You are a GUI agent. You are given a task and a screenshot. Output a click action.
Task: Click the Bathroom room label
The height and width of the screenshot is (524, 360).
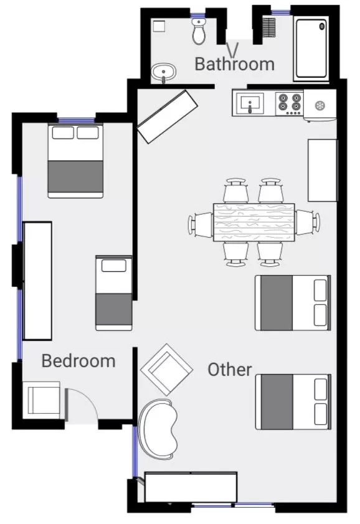click(x=234, y=63)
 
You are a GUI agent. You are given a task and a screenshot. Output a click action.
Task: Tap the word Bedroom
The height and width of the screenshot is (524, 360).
click(x=78, y=360)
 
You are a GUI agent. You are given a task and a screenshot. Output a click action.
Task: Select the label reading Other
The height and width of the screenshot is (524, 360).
click(x=230, y=369)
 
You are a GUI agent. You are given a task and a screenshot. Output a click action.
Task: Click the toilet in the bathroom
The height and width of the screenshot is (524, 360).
click(x=199, y=31)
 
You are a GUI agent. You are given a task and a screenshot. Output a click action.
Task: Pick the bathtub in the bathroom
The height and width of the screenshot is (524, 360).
click(x=311, y=49)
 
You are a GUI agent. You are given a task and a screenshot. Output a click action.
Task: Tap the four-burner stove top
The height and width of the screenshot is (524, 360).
click(x=290, y=104)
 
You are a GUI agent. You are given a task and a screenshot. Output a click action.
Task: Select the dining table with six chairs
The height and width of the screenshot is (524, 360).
click(x=254, y=222)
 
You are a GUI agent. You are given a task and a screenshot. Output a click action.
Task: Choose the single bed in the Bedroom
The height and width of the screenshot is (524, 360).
click(x=113, y=292)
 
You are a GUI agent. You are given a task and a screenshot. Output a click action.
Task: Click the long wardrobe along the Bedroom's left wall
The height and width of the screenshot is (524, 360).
click(x=37, y=281)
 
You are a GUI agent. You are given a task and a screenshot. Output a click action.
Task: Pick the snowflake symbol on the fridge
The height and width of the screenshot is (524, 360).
click(x=320, y=106)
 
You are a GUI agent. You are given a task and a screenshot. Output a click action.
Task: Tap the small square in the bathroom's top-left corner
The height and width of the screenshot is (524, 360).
click(x=158, y=26)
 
